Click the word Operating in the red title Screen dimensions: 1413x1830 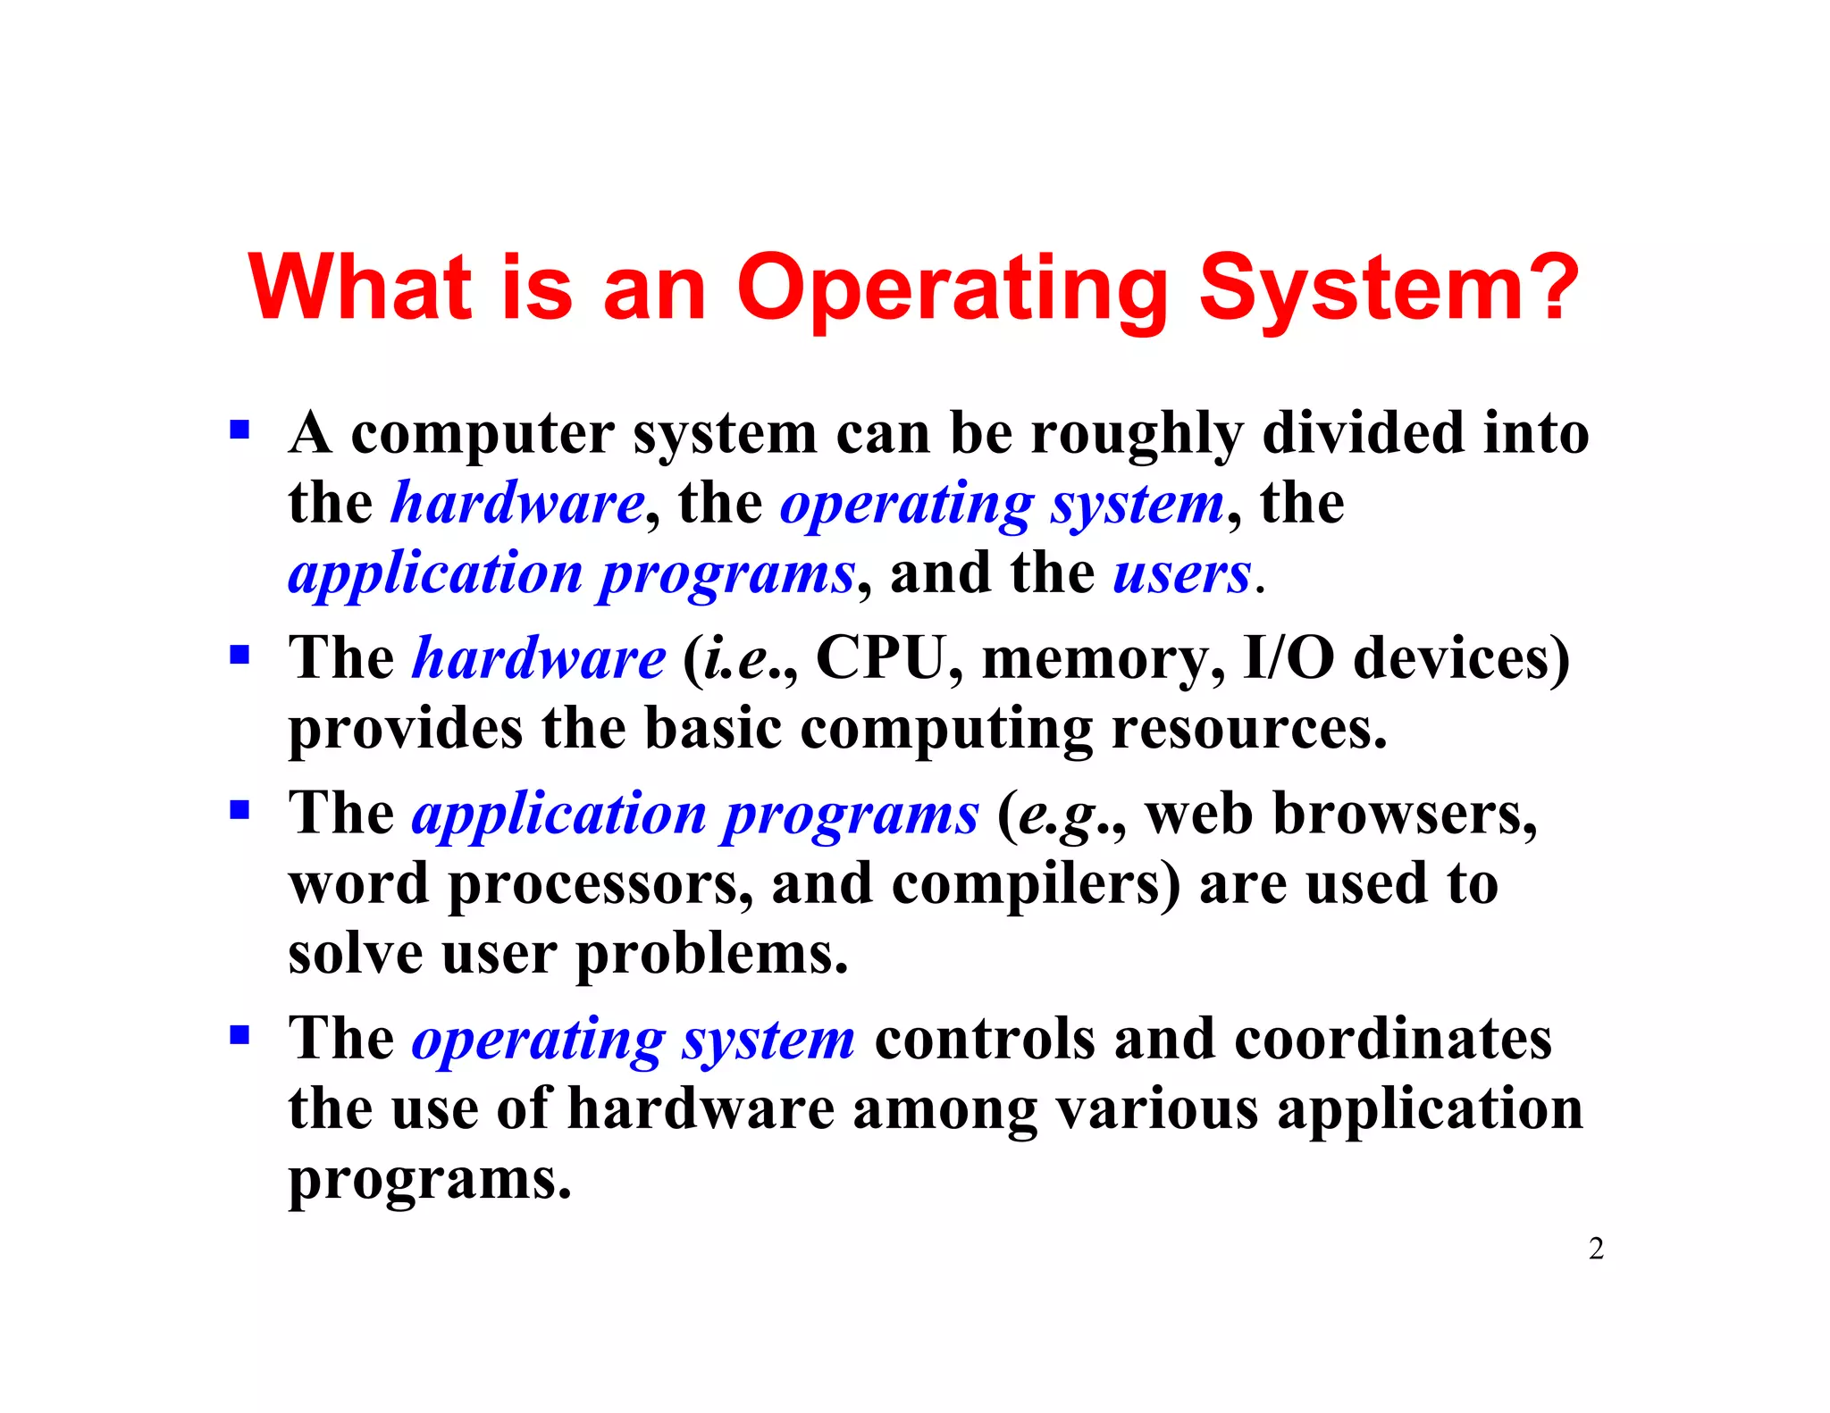click(952, 289)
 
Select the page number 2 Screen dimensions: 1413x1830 click(1596, 1248)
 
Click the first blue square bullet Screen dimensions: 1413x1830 click(239, 431)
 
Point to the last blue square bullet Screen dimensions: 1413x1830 click(239, 1036)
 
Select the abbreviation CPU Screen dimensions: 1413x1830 click(879, 658)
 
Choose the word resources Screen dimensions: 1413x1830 click(1248, 729)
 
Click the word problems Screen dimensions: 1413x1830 click(711, 955)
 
